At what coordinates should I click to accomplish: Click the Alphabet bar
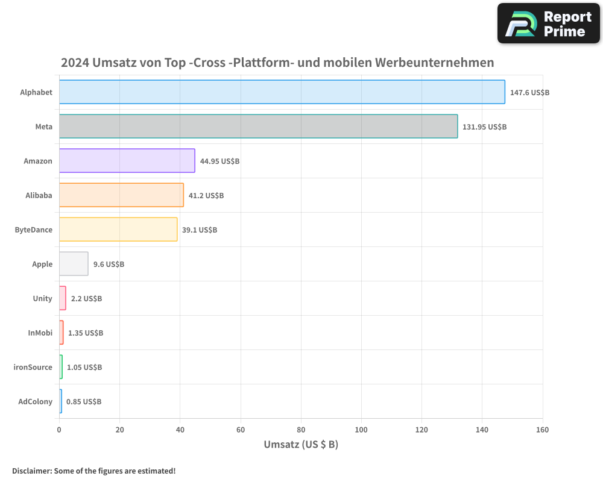pos(282,92)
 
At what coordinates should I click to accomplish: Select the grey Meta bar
pos(258,127)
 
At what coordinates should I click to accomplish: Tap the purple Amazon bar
pos(127,161)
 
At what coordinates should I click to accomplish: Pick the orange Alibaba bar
pos(121,195)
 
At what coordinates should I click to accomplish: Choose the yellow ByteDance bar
pos(118,230)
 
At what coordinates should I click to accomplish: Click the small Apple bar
pos(74,264)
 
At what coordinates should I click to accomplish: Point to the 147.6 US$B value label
pos(529,93)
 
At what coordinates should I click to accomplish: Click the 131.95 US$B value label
pos(484,127)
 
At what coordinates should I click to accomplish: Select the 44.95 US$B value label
pos(219,161)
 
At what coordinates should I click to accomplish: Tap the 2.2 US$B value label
pos(86,299)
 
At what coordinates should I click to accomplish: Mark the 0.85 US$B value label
pos(84,402)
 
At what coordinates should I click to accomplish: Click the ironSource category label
pos(33,367)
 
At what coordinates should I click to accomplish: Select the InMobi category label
pos(40,333)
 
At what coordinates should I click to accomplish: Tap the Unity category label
pos(43,298)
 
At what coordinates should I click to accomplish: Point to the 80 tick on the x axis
pos(301,430)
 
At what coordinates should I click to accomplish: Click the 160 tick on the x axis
pos(542,430)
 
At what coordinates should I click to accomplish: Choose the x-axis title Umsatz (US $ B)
pos(301,445)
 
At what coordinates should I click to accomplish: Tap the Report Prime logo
pos(549,23)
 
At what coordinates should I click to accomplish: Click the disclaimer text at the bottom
pos(94,471)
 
